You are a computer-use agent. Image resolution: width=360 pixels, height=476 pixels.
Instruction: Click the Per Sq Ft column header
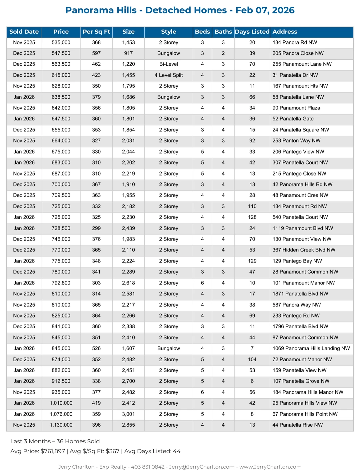click(96, 32)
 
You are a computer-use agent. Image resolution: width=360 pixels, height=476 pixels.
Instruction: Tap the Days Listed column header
click(252, 32)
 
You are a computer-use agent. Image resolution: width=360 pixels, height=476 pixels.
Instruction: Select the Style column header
click(168, 32)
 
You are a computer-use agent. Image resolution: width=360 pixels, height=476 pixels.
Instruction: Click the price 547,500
click(61, 53)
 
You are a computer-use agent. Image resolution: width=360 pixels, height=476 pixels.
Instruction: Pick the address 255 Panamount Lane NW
click(302, 64)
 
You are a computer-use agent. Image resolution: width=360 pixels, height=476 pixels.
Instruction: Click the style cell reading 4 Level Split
click(168, 75)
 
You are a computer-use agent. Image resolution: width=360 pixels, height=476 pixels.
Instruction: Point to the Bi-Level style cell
click(168, 64)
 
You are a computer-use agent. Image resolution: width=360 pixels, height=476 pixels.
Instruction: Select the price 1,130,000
click(61, 425)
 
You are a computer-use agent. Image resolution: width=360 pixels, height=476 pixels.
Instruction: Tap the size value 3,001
click(128, 414)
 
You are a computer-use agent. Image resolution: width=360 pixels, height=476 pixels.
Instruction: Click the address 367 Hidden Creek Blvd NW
click(304, 250)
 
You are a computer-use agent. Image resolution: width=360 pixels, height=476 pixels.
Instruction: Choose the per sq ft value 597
click(96, 53)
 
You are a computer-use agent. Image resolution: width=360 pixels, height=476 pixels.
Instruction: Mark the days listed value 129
click(252, 261)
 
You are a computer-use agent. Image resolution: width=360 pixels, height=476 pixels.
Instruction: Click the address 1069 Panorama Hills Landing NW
click(311, 348)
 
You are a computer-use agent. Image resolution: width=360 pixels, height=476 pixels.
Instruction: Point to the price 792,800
click(61, 283)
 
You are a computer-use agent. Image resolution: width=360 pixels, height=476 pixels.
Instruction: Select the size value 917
click(128, 53)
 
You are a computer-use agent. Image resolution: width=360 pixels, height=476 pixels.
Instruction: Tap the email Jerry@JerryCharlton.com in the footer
click(202, 467)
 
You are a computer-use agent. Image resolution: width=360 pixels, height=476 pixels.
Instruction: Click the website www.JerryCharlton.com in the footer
click(270, 467)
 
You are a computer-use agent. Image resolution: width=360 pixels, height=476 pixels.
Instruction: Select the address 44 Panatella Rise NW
click(297, 425)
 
